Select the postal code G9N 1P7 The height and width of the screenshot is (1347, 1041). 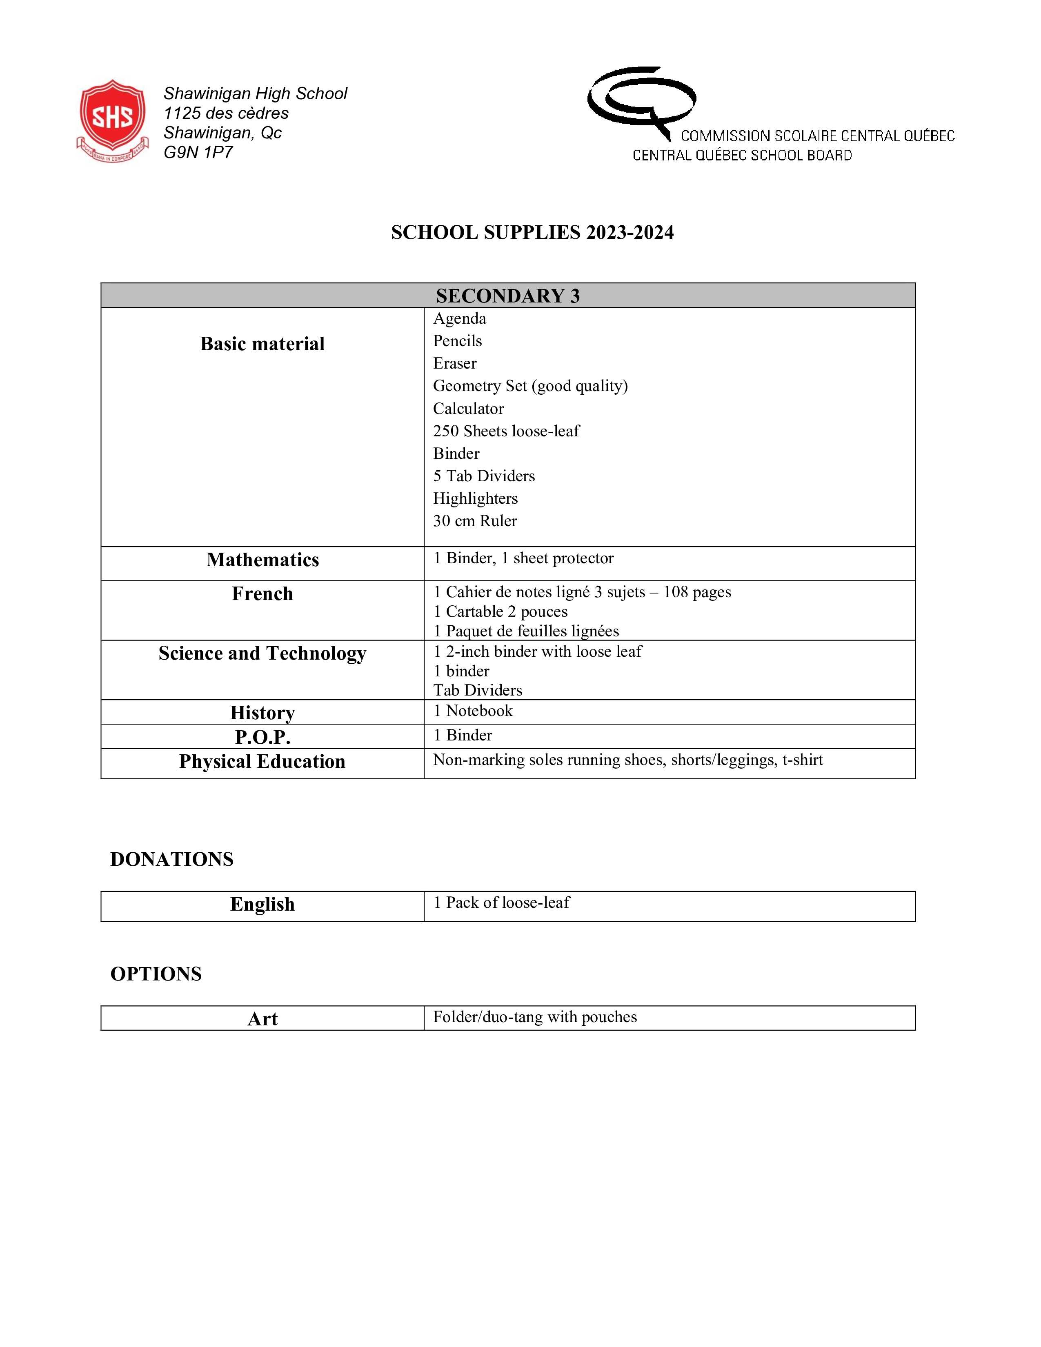198,152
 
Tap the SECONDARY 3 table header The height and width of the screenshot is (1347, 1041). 507,296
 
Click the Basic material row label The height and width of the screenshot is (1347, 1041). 262,344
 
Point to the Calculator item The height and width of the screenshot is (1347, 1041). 468,408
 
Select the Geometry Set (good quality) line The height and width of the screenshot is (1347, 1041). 530,386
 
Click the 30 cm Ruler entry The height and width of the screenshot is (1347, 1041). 475,521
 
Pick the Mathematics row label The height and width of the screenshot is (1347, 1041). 262,560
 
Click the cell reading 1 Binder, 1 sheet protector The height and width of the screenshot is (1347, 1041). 523,558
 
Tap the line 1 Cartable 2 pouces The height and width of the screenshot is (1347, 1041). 500,612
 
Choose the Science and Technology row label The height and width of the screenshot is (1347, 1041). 262,653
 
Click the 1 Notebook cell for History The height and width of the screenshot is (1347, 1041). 472,711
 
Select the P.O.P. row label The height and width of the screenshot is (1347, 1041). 262,737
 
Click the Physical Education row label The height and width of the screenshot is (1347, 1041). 262,762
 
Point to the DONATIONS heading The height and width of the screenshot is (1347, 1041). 171,859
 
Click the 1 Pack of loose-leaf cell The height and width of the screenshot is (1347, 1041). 501,903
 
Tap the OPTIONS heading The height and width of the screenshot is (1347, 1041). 156,974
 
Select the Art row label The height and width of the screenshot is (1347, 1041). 262,1019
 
